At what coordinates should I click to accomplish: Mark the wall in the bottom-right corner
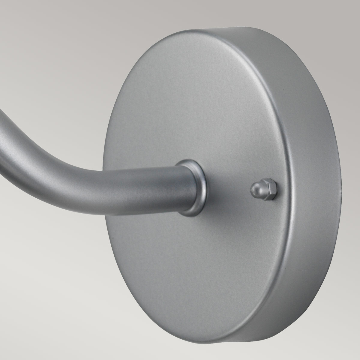click(336, 336)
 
